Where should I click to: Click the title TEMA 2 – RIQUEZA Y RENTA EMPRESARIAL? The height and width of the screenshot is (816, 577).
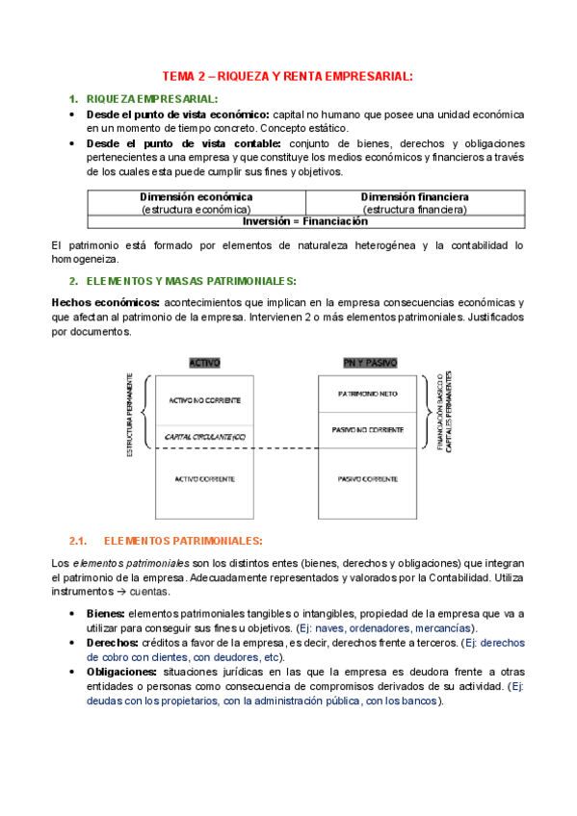[287, 76]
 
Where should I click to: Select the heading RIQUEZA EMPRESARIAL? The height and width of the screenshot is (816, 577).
[151, 99]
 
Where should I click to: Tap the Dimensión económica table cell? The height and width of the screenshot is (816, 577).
[197, 202]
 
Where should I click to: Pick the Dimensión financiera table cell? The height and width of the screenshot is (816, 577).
[414, 202]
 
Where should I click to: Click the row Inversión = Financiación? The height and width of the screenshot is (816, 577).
[305, 220]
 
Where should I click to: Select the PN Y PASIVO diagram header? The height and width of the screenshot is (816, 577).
[369, 363]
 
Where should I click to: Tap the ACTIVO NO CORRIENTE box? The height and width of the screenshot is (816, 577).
[204, 399]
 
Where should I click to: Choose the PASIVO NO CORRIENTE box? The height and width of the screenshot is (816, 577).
[369, 430]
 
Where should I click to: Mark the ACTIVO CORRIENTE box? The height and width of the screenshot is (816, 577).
[204, 478]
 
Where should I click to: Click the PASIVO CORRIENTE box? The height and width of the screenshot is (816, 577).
[369, 478]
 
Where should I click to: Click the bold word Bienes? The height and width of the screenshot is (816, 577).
[105, 613]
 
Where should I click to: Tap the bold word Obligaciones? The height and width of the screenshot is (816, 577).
[119, 672]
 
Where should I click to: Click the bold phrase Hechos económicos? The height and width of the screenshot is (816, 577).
[105, 302]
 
